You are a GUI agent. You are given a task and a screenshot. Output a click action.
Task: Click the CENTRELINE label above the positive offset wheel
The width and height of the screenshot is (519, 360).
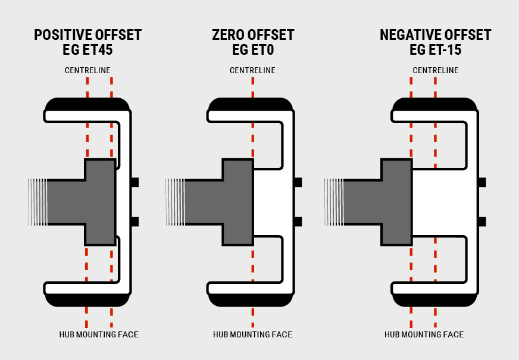[87, 70]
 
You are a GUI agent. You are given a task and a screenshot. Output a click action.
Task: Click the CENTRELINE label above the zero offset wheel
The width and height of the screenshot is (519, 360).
[252, 70]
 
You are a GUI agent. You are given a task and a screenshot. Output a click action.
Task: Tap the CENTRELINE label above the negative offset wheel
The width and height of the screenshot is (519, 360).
[435, 70]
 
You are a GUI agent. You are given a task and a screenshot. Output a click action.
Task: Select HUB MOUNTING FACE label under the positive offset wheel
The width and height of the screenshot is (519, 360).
[99, 334]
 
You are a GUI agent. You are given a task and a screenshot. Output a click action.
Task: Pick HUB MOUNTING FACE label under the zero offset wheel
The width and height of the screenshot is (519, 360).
[252, 334]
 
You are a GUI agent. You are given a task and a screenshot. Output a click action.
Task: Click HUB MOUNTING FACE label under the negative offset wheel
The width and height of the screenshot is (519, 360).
[424, 334]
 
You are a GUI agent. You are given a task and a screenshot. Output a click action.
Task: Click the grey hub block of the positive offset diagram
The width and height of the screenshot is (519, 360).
[100, 202]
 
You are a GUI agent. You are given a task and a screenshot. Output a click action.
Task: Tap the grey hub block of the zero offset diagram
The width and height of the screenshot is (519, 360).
[237, 202]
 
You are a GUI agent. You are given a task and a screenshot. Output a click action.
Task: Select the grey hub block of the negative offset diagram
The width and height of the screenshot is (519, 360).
[396, 202]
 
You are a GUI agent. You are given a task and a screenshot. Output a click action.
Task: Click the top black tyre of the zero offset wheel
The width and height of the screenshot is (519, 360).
[251, 103]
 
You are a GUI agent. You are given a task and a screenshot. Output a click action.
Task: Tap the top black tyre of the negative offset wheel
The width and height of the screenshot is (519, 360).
[434, 103]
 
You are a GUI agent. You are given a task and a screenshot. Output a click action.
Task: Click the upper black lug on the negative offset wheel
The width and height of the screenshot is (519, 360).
[482, 182]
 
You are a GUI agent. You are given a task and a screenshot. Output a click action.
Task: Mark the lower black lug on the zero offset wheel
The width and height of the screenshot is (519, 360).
[298, 221]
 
